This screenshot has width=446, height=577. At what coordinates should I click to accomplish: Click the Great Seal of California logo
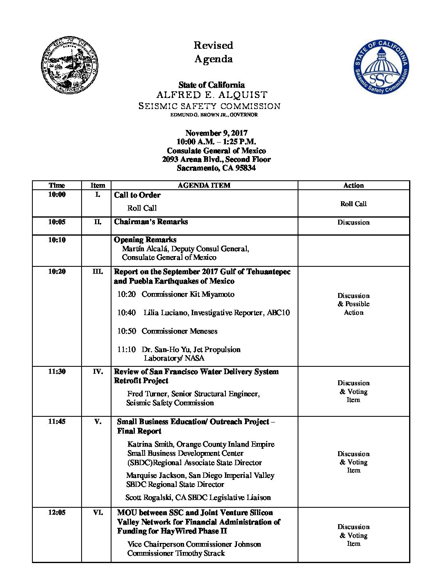point(70,65)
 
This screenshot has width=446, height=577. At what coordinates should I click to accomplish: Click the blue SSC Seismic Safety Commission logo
point(381,67)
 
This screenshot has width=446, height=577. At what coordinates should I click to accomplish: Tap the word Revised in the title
point(213,45)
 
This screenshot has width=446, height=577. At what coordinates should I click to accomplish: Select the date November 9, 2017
point(216,133)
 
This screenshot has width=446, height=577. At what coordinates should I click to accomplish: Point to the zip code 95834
point(246,168)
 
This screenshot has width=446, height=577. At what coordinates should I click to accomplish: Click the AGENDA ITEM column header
point(204,185)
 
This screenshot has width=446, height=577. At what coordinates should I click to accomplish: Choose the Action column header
point(353,185)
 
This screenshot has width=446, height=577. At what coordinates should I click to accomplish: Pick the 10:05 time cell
point(57,222)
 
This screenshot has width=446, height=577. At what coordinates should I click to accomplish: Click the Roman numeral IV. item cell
point(98,372)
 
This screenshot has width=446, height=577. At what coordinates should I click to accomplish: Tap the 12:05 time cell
point(57,512)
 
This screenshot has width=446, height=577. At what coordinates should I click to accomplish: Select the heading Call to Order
point(137,195)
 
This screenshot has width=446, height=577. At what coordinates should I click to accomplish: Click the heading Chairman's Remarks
point(151,222)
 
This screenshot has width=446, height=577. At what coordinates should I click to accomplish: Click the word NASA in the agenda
point(195,358)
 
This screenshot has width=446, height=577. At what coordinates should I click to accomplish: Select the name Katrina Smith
point(150,444)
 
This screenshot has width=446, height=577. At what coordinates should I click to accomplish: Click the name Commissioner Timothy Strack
point(176,553)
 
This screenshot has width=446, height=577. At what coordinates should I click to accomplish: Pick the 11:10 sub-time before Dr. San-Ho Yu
point(126,350)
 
